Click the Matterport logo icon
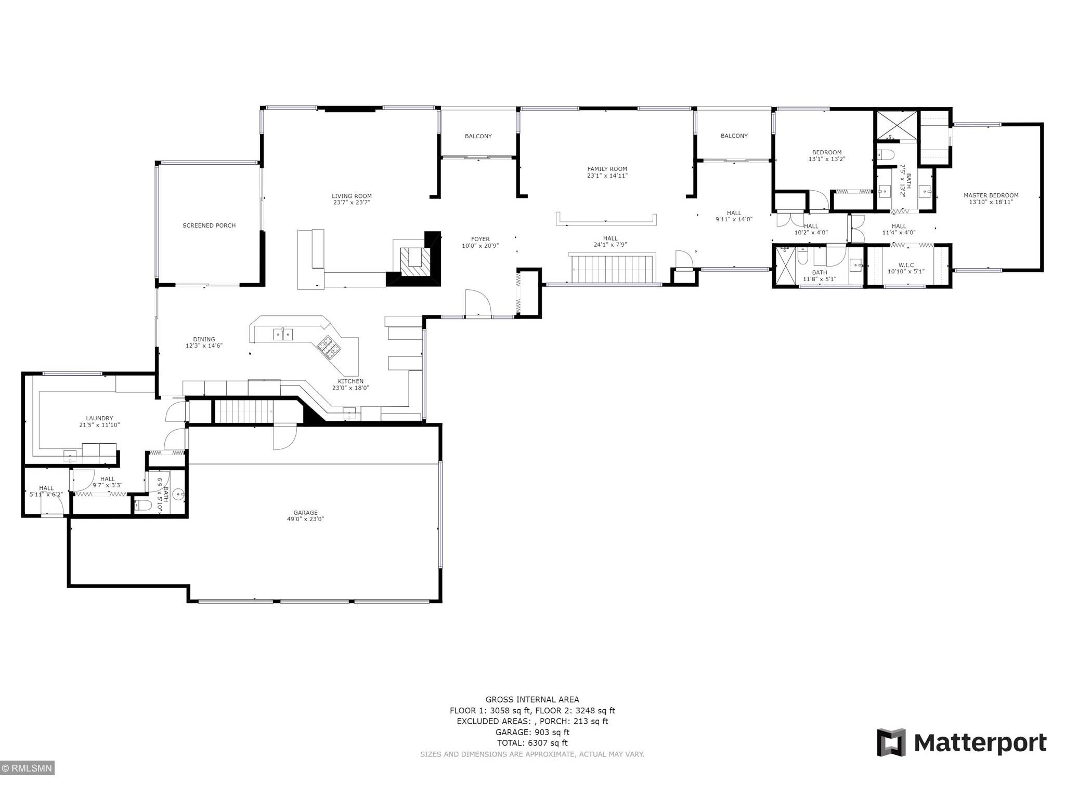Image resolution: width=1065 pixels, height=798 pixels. coord(891,742)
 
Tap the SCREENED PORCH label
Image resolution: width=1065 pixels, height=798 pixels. coord(209,225)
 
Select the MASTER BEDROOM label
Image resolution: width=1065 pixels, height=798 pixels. coord(991,195)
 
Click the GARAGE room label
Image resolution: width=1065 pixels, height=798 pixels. coord(305,513)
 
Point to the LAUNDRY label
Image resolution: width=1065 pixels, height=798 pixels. coord(99,418)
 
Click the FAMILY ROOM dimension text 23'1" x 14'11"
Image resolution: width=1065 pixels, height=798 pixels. coord(607,176)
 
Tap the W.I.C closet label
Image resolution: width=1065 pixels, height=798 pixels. coord(906,265)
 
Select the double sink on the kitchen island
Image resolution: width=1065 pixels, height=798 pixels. coord(283,334)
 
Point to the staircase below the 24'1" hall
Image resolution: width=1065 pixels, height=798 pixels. coord(613,268)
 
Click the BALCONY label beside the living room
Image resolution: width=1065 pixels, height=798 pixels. coord(478,136)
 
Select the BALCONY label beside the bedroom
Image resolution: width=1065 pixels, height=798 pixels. coord(734,136)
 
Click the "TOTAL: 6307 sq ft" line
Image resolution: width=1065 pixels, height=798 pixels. coord(532,743)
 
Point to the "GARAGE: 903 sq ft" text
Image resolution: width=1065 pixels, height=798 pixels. coord(532,732)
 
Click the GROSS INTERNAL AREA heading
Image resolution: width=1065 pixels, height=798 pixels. coord(532,699)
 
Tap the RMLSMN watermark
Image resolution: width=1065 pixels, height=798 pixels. coord(27,768)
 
